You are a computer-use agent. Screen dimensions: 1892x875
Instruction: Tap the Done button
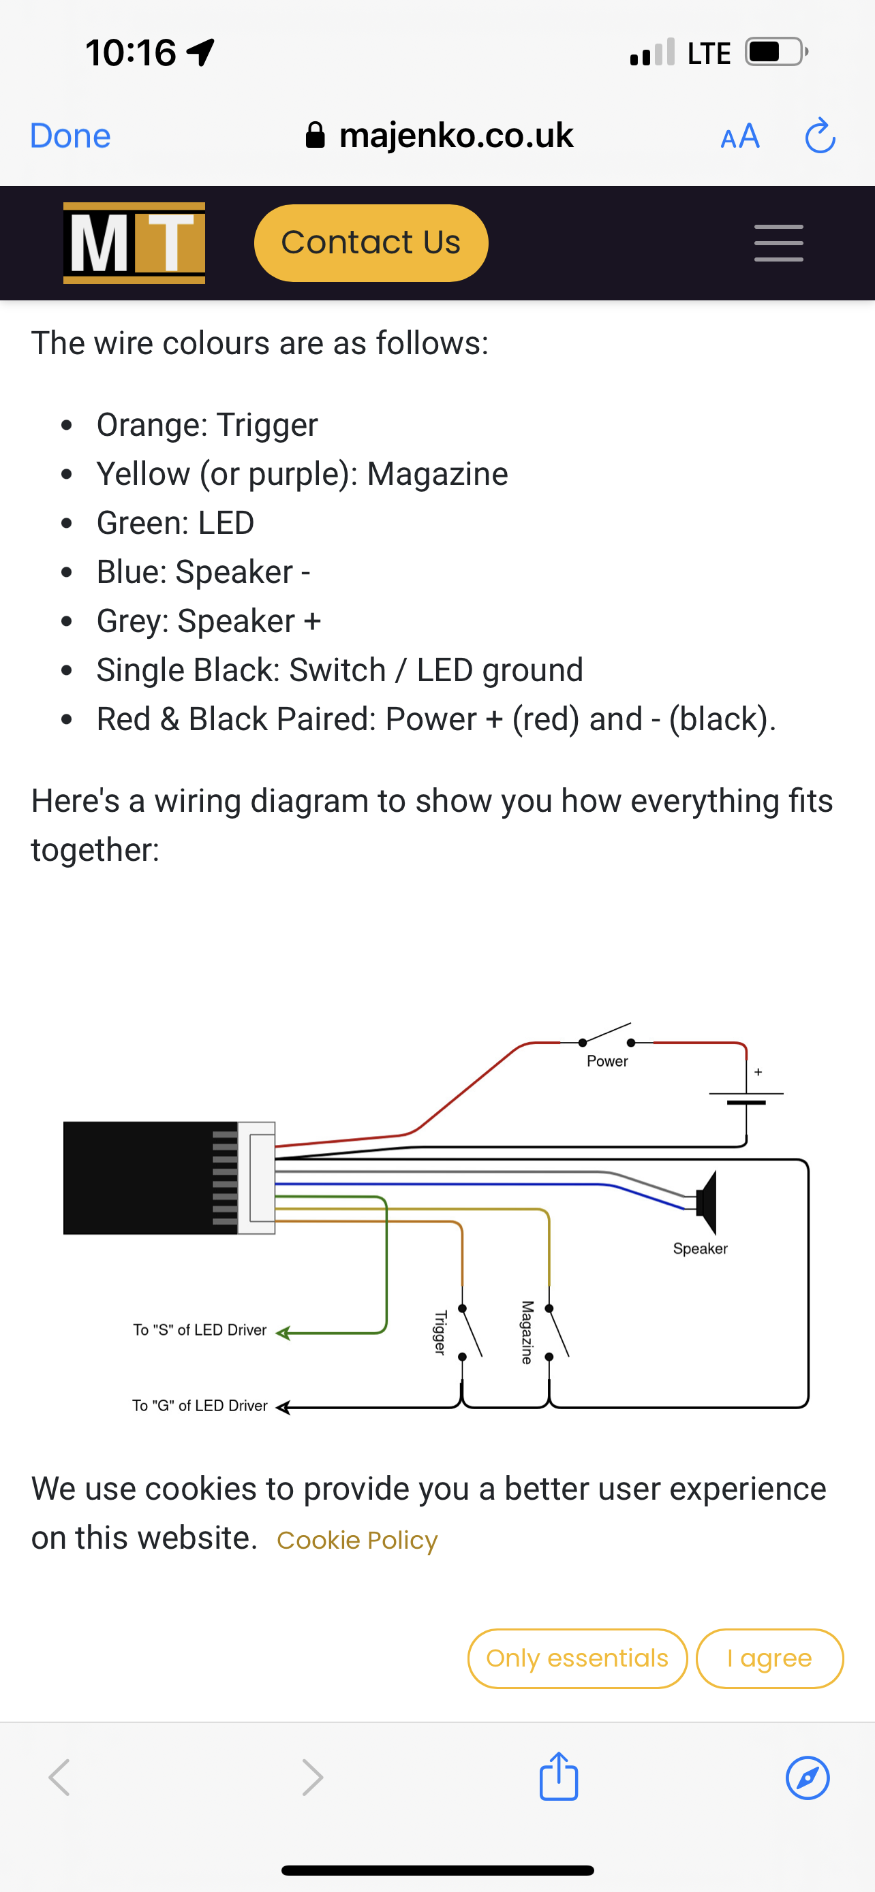(70, 136)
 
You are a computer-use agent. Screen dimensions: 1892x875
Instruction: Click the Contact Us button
(371, 242)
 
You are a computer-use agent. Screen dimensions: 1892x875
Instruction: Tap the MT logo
(134, 242)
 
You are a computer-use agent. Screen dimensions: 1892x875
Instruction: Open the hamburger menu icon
(779, 243)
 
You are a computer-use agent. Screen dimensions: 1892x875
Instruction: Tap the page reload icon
(820, 136)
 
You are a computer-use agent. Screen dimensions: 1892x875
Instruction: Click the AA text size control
(740, 137)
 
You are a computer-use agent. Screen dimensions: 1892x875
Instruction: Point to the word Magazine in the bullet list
(437, 474)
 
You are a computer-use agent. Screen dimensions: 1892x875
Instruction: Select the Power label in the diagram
(607, 1061)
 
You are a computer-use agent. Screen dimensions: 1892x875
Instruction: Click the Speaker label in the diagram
(700, 1248)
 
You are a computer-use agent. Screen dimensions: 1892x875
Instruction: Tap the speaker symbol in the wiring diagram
(707, 1202)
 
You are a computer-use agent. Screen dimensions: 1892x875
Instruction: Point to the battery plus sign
(758, 1072)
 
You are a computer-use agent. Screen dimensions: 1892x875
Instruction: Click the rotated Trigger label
(440, 1332)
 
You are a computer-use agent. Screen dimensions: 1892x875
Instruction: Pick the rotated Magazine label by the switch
(527, 1332)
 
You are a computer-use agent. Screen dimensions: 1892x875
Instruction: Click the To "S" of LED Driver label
(200, 1330)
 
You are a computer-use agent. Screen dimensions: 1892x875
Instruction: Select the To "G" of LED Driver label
(200, 1406)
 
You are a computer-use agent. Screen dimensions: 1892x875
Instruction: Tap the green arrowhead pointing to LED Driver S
(283, 1333)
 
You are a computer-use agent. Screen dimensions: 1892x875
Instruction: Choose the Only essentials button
(577, 1658)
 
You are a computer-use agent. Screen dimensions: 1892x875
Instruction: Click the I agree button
(769, 1658)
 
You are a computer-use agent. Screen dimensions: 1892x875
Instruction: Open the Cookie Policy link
(357, 1540)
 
